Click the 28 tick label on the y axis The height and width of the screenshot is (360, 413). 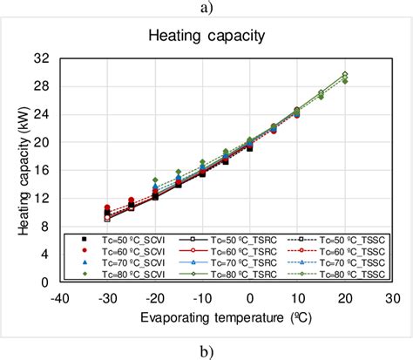pos(41,86)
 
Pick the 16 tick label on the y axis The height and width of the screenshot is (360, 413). pos(41,171)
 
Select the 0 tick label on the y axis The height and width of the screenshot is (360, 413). pos(44,283)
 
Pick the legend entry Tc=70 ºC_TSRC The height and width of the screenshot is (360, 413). pos(227,261)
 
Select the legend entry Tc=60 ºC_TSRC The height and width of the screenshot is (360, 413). pos(227,249)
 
